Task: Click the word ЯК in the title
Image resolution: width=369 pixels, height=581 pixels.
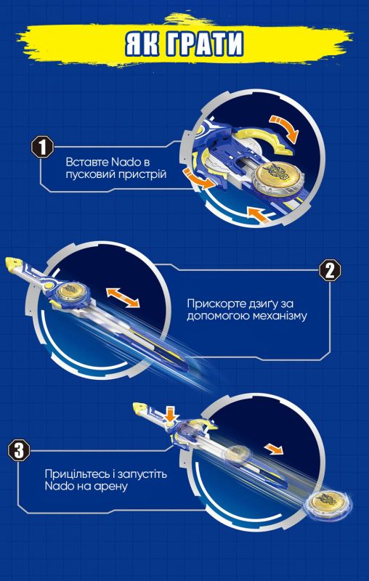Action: [141, 44]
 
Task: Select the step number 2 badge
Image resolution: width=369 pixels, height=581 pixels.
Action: [330, 270]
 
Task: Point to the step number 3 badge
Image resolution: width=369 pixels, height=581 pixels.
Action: [20, 450]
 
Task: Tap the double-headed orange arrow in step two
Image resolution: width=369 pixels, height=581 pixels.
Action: [123, 298]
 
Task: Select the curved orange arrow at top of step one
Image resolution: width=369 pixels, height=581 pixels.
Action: [284, 127]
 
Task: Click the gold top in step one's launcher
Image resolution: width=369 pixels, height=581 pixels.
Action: [275, 176]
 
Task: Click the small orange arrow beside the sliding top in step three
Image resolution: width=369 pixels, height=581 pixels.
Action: [274, 449]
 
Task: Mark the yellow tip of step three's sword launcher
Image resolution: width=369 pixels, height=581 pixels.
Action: [139, 407]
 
